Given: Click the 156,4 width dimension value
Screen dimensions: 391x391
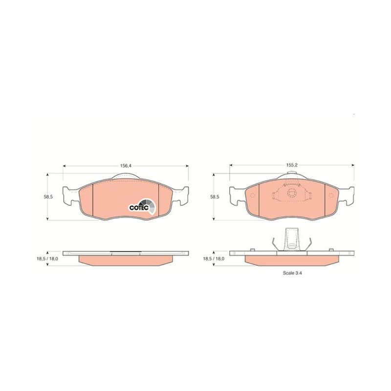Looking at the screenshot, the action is (126, 166).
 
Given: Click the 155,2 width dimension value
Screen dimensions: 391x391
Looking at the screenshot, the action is (292, 165).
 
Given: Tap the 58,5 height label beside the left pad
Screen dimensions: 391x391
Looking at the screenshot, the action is (48, 197).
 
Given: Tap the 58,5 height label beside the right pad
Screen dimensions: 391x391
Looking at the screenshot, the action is (215, 197).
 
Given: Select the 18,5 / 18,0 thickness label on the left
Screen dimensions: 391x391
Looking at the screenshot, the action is (47, 259).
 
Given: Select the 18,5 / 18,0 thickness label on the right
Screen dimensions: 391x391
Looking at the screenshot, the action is (214, 259).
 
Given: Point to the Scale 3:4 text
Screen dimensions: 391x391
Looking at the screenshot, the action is (292, 273).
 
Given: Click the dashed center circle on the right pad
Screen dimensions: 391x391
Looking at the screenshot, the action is (291, 193).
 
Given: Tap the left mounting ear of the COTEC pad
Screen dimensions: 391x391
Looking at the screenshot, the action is (71, 196).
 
